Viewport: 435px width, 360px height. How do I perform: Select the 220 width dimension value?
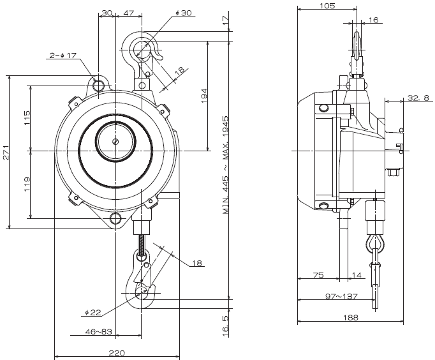(x=117, y=351)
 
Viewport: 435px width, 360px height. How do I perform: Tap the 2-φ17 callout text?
(x=63, y=56)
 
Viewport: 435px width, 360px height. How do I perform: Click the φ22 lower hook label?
(x=92, y=313)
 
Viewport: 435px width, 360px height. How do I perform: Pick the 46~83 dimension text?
(x=98, y=332)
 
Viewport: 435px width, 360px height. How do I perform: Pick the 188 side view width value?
(x=351, y=317)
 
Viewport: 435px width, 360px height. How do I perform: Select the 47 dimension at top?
(x=128, y=13)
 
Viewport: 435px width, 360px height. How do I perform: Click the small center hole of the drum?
(x=115, y=142)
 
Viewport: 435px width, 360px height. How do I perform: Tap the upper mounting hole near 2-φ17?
(x=99, y=84)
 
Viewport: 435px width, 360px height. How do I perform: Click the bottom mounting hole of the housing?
(x=116, y=221)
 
